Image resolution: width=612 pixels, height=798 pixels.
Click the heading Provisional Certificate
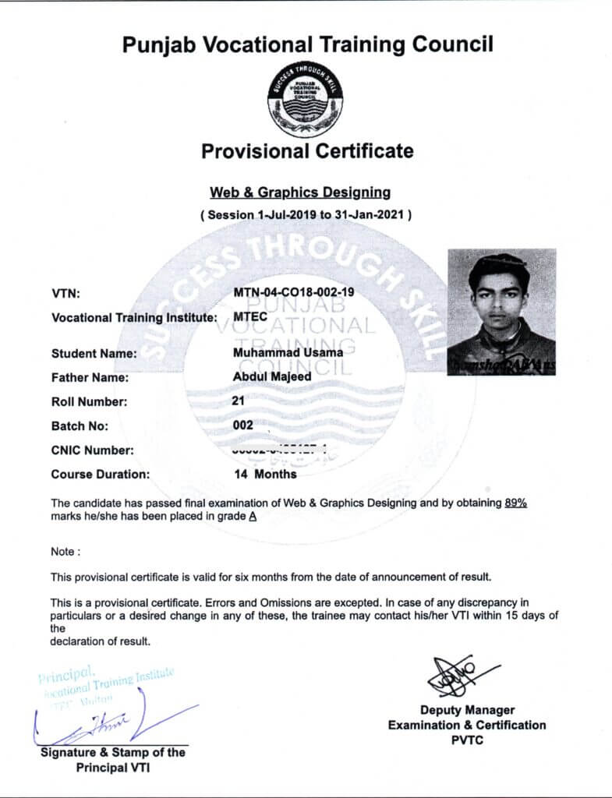[x=307, y=150]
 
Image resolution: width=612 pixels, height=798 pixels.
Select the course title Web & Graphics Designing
[x=300, y=191]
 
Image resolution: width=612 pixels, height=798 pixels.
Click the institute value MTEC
[x=250, y=317]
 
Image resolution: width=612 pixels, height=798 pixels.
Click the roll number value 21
[x=239, y=401]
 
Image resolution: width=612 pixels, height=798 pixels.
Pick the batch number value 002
[x=243, y=425]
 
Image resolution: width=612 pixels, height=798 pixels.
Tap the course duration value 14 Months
[x=265, y=473]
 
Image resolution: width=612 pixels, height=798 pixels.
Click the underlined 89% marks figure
[x=516, y=503]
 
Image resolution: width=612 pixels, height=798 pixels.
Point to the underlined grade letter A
[x=253, y=516]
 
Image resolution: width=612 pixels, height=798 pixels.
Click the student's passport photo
[x=501, y=312]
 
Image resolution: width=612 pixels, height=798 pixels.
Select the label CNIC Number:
[x=92, y=450]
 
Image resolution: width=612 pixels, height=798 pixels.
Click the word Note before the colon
[x=62, y=552]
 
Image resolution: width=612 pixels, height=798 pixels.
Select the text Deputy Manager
[x=467, y=710]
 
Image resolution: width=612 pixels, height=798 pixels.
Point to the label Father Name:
[x=90, y=378]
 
